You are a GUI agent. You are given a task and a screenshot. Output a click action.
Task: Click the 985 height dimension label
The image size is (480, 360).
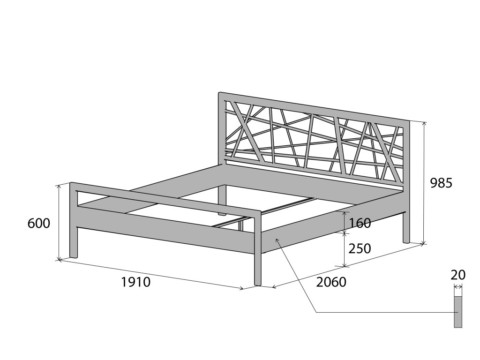[x=441, y=183]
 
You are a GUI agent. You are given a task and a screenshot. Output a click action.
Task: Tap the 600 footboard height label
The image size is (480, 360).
[x=39, y=224]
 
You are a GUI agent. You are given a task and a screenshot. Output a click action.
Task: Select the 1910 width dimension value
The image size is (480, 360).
[x=136, y=282]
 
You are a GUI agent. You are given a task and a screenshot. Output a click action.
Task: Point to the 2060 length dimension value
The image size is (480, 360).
[x=331, y=282]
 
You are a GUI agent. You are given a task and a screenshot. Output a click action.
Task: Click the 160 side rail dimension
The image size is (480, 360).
[x=360, y=223]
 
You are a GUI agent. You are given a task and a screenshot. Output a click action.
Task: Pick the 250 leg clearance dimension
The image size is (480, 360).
[x=360, y=248]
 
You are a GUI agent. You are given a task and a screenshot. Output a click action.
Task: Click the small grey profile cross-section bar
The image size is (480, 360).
[x=458, y=312]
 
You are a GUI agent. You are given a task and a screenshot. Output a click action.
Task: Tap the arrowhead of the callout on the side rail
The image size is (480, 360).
[x=277, y=239]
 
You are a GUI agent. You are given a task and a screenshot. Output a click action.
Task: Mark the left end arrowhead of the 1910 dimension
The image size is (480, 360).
[x=59, y=260]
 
